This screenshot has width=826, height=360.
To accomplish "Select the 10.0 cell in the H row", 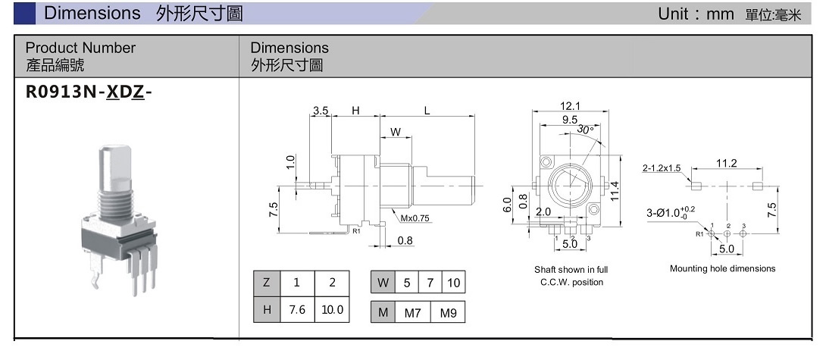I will coord(332,310).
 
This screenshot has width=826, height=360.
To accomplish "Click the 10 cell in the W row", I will coord(454,283).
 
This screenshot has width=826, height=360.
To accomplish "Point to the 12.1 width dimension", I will coord(570,105).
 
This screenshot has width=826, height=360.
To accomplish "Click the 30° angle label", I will coord(585,130).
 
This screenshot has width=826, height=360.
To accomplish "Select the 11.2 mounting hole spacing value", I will coord(727,163).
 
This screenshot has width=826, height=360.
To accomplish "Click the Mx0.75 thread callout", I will coord(415,219).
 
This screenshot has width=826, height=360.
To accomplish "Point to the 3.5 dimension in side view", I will coord(321,111).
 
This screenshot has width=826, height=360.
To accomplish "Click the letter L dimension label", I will coord(427,111).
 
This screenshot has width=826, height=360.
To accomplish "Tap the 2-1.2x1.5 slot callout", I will coord(662,168).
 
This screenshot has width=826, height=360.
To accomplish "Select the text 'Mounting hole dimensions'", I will coord(722,268).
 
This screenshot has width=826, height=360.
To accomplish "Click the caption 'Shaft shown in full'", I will coord(571,270).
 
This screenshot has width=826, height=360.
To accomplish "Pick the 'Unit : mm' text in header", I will coord(696,14).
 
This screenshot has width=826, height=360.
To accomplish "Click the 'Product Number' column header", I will coord(80,48).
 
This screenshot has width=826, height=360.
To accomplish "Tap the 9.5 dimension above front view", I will coord(570,120).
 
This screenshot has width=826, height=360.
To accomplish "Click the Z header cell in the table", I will coord(266,283).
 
